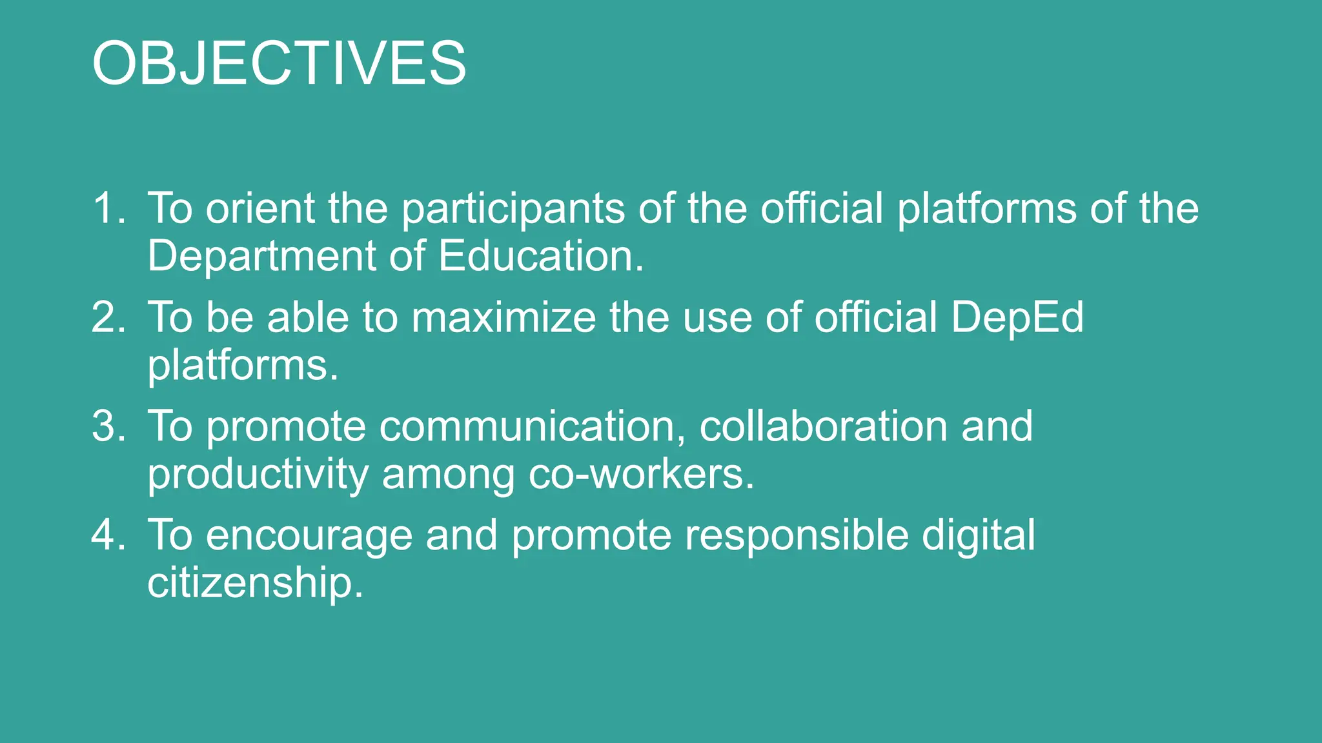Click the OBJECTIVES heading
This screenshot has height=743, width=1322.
point(279,63)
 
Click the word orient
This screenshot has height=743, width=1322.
point(260,208)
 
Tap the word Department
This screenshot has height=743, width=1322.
point(262,257)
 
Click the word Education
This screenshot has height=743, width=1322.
point(541,255)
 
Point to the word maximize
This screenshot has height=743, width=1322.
point(504,317)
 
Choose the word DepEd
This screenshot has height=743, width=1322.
point(1017,319)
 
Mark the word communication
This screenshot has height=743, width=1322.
point(533,427)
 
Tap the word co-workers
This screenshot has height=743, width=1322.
point(642,474)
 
